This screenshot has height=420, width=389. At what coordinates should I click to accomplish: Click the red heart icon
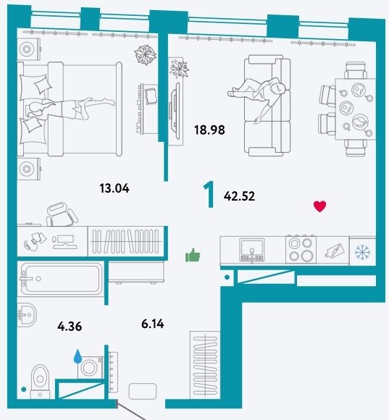tap(320, 206)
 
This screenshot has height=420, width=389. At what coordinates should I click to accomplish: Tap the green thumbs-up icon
tap(193, 255)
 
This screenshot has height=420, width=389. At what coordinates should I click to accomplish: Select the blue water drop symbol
tap(78, 356)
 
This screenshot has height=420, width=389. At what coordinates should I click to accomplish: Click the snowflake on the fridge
tap(362, 252)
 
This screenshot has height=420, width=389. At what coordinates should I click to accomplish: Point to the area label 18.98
tap(209, 130)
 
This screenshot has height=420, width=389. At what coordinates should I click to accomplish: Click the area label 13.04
tap(114, 188)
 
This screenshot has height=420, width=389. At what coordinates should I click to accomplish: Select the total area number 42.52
tap(239, 196)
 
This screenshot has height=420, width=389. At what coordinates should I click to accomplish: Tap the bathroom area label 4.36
tap(70, 327)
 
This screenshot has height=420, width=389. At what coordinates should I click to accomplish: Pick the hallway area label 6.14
tap(153, 324)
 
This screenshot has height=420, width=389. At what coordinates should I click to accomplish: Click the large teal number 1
tap(209, 194)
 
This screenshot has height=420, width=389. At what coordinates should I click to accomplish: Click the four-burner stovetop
tap(301, 249)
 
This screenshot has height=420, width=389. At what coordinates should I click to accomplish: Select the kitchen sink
tap(252, 250)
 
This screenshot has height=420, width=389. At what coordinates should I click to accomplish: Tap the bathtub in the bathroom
tap(61, 279)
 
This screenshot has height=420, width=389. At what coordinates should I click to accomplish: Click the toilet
tap(40, 382)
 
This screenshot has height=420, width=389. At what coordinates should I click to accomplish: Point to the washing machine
tap(91, 367)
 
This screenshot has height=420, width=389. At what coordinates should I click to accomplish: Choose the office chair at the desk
tap(62, 214)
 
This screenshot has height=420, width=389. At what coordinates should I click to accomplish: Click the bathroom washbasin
tap(27, 315)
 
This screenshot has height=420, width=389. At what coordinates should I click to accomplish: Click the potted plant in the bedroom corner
tap(145, 55)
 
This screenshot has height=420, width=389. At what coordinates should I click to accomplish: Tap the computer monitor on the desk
tap(65, 242)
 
